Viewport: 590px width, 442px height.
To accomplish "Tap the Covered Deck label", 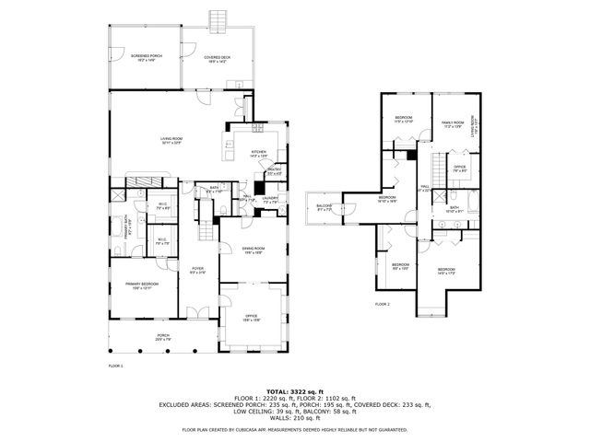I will (218, 58).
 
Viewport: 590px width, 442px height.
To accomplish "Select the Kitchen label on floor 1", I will (258, 154).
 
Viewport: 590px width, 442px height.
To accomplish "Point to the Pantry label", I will (275, 171).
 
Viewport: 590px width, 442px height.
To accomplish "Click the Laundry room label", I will (270, 199).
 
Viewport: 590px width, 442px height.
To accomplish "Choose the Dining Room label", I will (254, 250).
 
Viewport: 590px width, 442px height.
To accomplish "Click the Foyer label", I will (197, 272).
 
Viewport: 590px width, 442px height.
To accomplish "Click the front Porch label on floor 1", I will (162, 338).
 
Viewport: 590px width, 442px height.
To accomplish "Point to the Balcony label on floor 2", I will (324, 207).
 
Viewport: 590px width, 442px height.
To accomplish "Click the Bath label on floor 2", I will (454, 209).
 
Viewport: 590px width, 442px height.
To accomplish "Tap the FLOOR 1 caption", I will (116, 366).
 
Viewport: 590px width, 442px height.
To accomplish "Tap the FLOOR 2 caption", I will (383, 304).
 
